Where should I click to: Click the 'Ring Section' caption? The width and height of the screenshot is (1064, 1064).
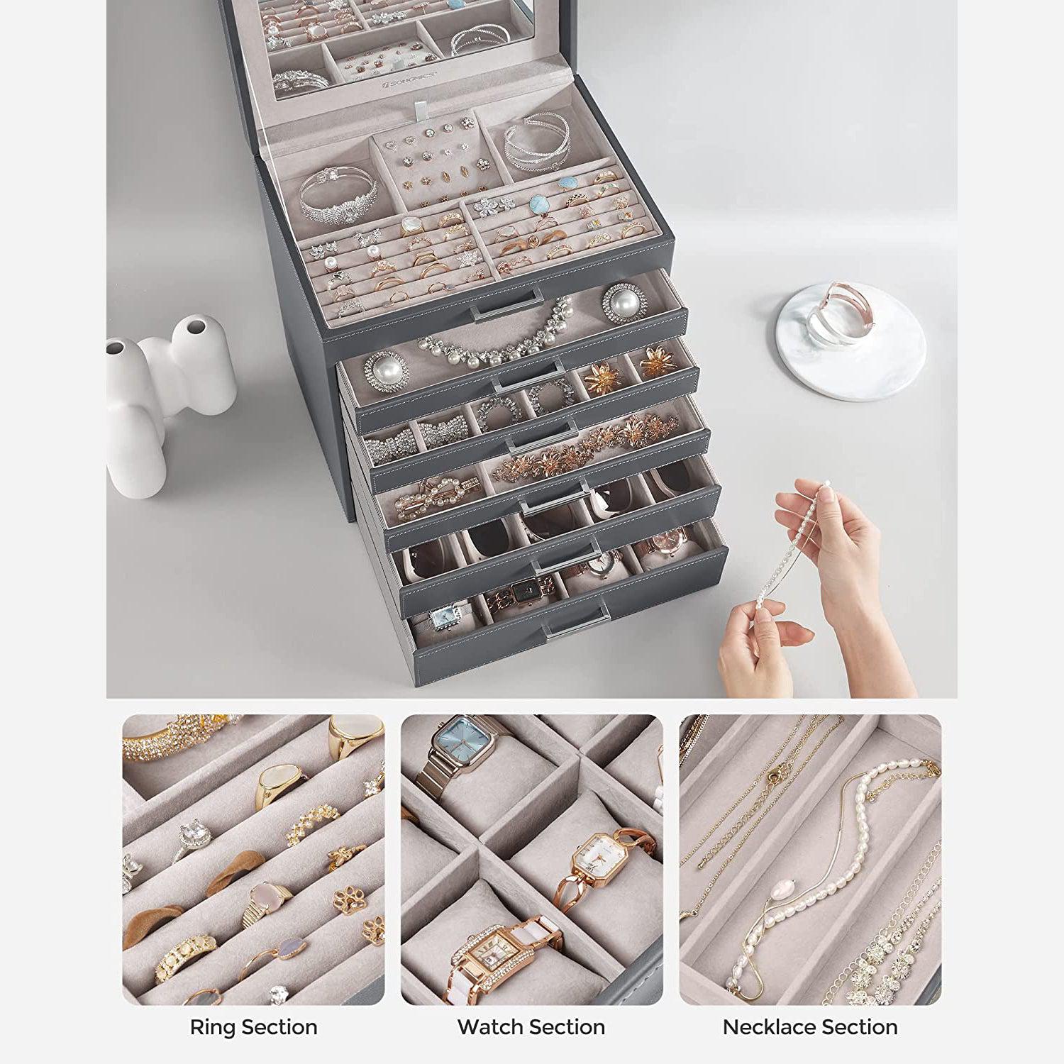click(253, 1026)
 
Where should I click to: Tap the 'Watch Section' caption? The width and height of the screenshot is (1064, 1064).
click(531, 1026)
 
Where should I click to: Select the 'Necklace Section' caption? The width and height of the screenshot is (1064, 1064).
click(810, 1026)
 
